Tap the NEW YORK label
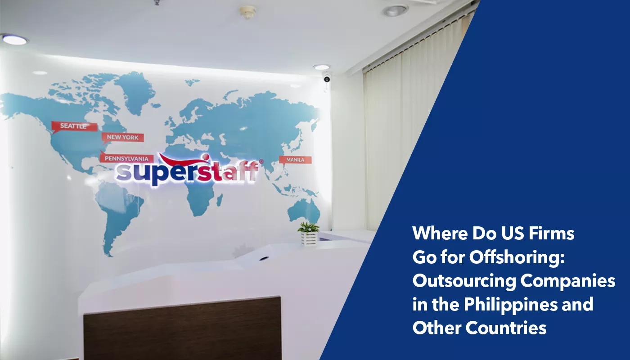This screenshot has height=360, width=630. pyautogui.click(x=123, y=137)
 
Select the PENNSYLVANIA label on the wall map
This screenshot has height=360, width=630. pyautogui.click(x=127, y=158)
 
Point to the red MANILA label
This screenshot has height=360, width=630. pyautogui.click(x=295, y=160)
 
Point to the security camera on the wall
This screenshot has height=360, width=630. pyautogui.click(x=327, y=79)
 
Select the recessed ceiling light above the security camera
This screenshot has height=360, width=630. pyautogui.click(x=321, y=67)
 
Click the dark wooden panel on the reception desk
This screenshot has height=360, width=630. pyautogui.click(x=182, y=328)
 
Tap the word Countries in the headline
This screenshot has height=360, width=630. pyautogui.click(x=506, y=328)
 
